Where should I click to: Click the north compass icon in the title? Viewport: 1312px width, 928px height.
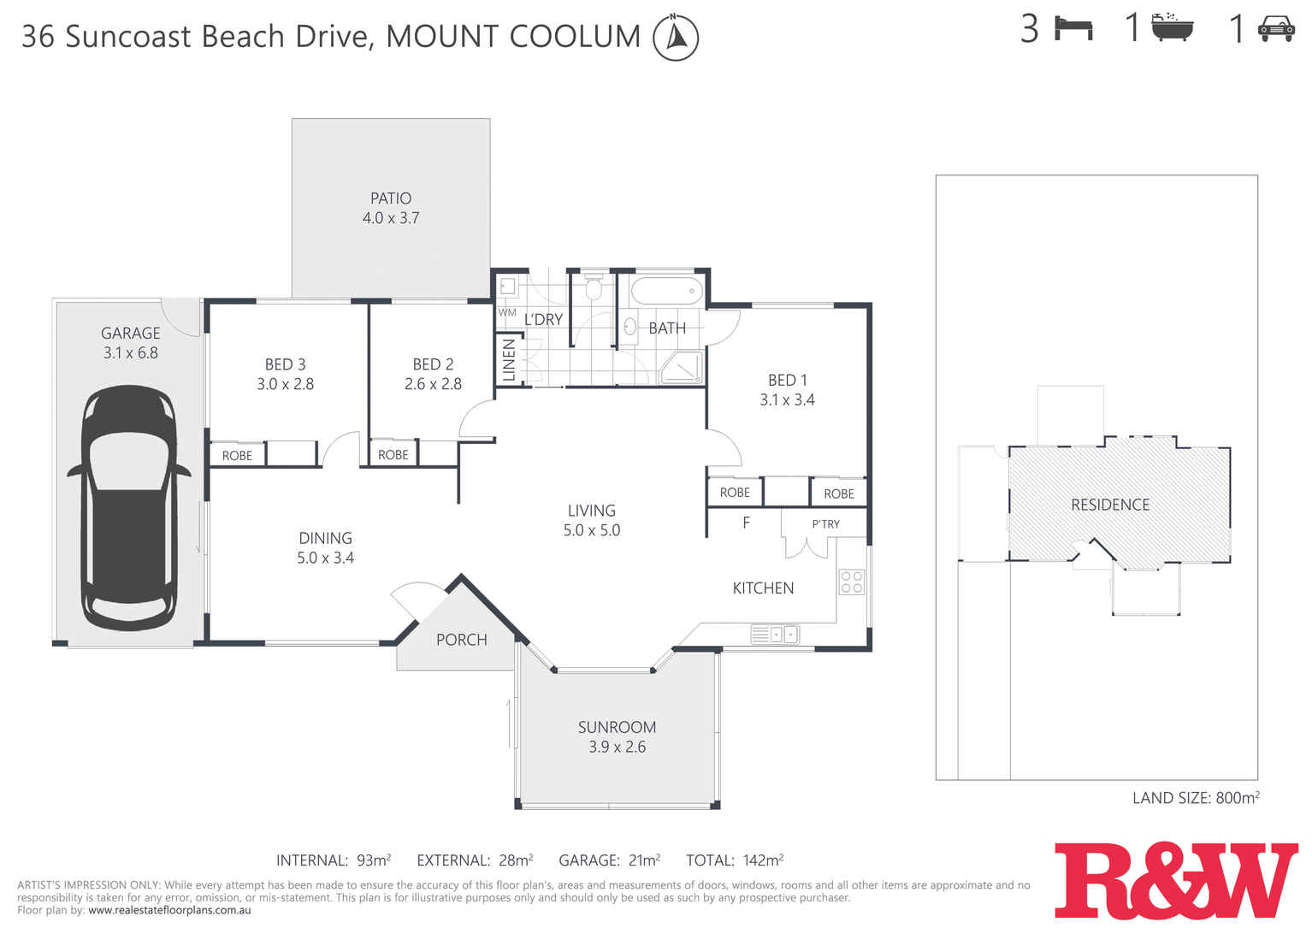click(675, 38)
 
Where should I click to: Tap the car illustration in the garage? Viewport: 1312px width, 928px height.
click(129, 506)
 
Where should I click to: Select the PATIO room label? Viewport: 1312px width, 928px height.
click(391, 198)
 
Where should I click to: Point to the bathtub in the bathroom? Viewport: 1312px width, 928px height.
click(666, 291)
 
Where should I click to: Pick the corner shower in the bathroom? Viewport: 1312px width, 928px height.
click(683, 367)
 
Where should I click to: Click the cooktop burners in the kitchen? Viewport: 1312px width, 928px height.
click(851, 582)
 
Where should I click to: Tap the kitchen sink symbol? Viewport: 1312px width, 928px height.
click(775, 635)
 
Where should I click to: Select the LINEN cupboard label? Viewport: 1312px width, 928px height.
click(509, 360)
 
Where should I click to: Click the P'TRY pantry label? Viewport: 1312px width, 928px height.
click(825, 524)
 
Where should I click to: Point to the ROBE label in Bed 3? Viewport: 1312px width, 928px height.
click(237, 456)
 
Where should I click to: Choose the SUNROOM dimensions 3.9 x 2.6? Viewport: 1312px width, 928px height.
click(617, 747)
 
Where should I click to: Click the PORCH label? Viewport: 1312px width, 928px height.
click(461, 640)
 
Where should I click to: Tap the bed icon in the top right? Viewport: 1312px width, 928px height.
click(1073, 28)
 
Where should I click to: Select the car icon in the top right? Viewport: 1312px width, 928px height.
click(1275, 28)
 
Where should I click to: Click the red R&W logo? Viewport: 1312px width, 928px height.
click(1175, 880)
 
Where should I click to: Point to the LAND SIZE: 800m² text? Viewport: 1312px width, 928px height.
click(1195, 798)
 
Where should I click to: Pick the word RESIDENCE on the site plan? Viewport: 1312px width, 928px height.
click(1109, 505)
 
